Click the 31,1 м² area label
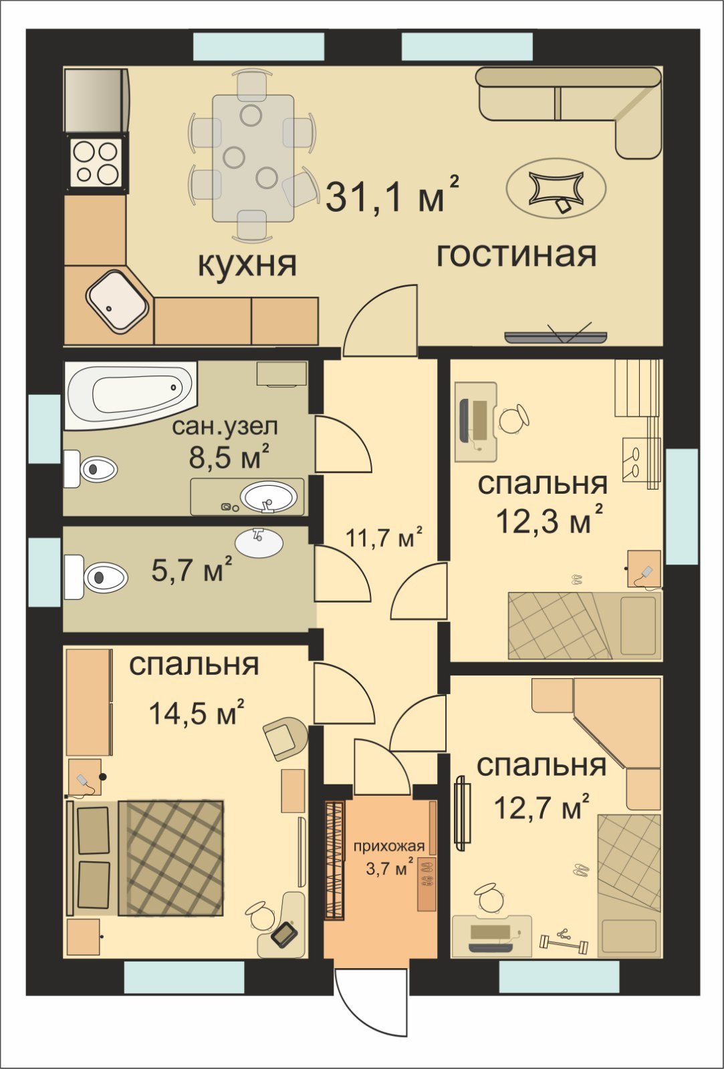tap(392, 194)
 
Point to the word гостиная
tap(517, 255)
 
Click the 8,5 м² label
tap(229, 456)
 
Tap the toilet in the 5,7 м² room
tap(96, 577)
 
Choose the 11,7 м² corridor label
tap(384, 537)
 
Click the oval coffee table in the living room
tap(556, 188)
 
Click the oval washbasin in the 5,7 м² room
tap(259, 543)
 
